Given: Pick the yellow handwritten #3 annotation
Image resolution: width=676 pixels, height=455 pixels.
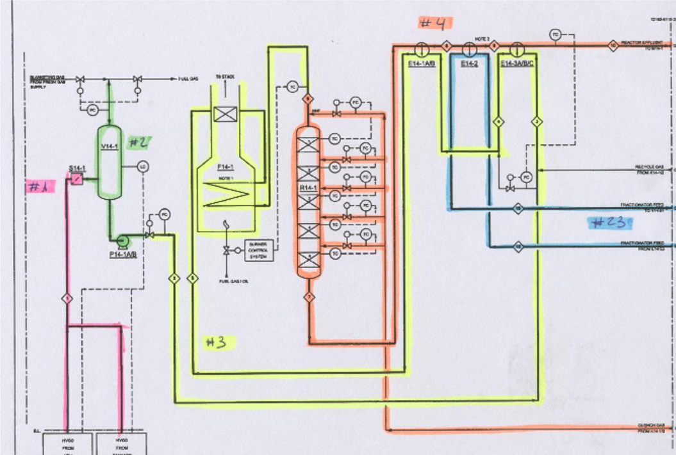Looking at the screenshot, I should pos(216,342).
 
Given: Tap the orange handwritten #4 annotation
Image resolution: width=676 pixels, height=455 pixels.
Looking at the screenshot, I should pos(435,23).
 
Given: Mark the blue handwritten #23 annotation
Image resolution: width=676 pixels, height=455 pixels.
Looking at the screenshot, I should pos(609,223).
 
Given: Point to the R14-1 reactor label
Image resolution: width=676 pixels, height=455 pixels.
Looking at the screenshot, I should pos(308,188).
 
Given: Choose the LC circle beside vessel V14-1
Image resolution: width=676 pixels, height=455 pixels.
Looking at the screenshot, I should pos(143,167).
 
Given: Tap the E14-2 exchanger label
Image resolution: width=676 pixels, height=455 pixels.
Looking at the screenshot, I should pos(469,63).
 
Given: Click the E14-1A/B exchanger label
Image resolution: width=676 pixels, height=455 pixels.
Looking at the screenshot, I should pos(421,63).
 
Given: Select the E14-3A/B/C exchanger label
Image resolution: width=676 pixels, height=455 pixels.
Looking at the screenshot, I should pos(518,63).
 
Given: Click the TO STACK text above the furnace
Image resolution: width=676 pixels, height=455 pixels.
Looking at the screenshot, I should pos(225,77).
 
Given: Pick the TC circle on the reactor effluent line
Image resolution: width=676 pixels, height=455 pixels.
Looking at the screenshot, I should pos(555,34).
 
